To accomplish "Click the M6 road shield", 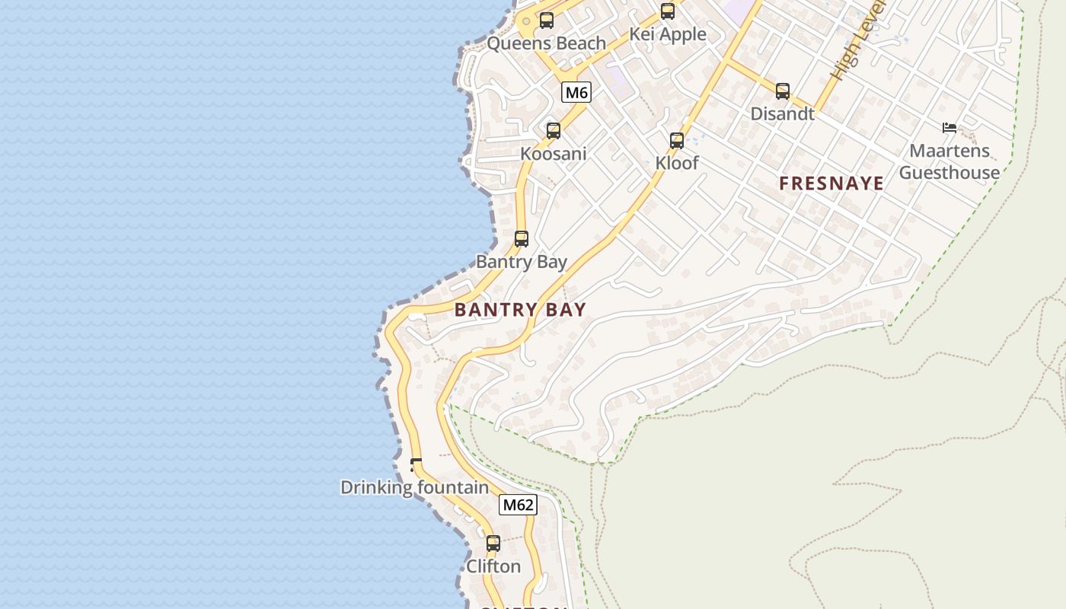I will (576, 93).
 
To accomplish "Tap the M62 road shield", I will (518, 505).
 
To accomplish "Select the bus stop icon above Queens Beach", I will (547, 21).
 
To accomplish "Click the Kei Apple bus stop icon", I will (668, 11).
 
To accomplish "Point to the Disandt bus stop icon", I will (783, 91).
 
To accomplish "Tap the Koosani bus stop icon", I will (554, 131).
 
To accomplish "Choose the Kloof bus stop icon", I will (677, 141).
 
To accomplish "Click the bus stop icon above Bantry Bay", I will (522, 239).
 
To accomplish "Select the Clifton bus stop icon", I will (493, 544).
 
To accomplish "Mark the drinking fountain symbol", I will (416, 464).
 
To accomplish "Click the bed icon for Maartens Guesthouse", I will (949, 128).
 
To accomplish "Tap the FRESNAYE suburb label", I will (831, 183).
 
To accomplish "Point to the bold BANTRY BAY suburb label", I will (520, 310).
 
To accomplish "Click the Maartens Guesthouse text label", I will (950, 161).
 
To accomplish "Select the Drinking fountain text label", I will (414, 487).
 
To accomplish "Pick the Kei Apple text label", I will (668, 34).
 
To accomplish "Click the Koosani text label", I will (554, 154).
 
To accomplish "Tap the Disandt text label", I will (783, 114).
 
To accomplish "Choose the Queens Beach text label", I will (547, 43).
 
